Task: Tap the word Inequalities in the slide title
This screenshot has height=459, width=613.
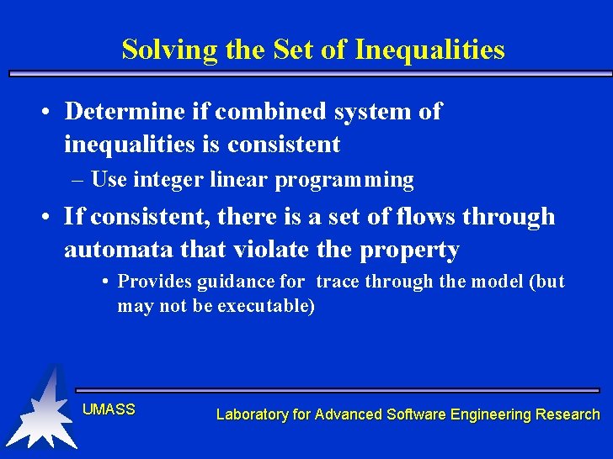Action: tap(429, 50)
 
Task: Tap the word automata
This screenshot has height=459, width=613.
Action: tap(117, 250)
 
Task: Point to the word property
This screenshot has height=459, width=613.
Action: tap(409, 251)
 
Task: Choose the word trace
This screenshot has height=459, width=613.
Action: tap(337, 282)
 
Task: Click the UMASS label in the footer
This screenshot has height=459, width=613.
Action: tap(109, 409)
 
